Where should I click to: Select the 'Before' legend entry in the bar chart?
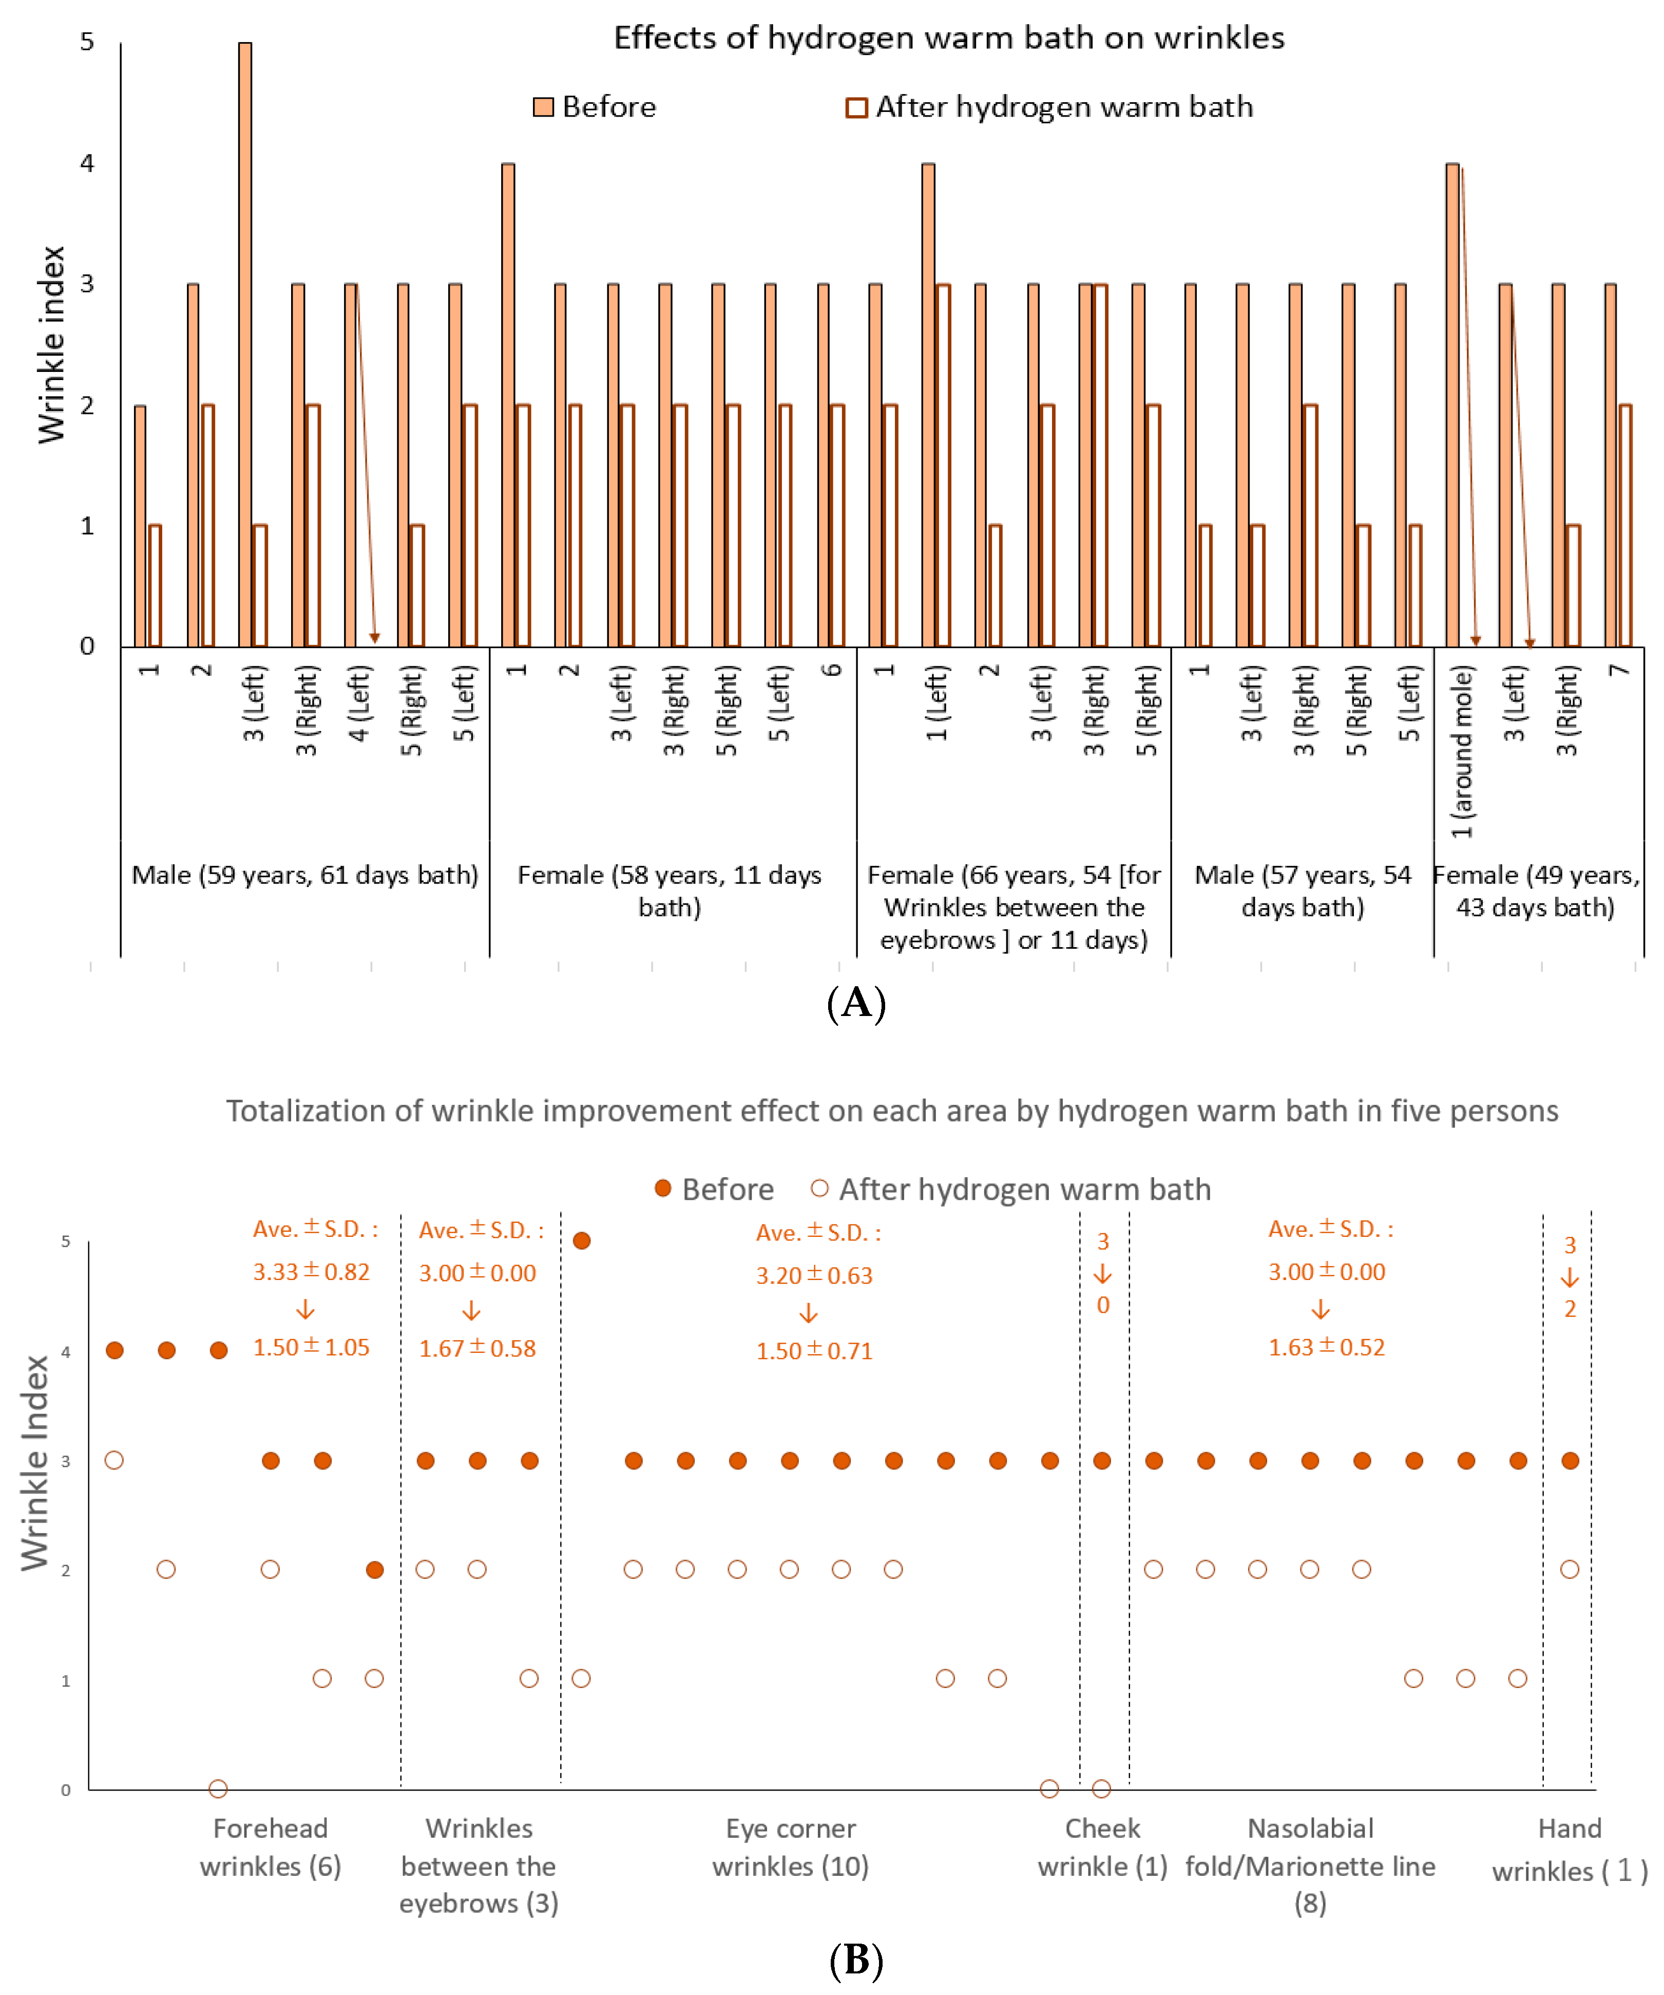coord(596,106)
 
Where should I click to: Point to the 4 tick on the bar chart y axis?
coord(87,163)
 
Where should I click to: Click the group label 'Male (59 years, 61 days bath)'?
coord(304,875)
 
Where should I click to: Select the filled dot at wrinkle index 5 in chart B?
coord(582,1240)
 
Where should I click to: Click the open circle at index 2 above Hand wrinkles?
coord(1570,1569)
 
